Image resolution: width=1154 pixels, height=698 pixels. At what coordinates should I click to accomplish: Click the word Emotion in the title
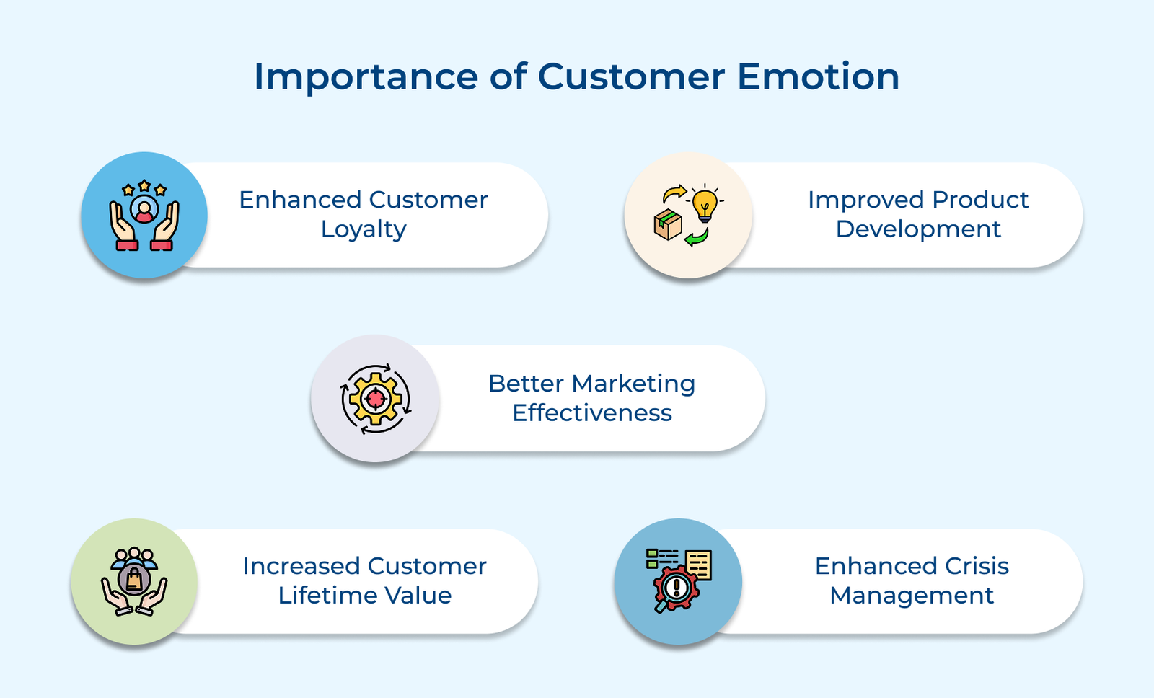(x=818, y=76)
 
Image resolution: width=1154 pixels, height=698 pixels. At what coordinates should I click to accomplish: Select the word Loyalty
(x=364, y=229)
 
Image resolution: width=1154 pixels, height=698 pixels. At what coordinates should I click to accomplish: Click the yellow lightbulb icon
(x=705, y=204)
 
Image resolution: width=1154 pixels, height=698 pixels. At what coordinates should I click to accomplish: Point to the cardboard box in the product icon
(x=668, y=224)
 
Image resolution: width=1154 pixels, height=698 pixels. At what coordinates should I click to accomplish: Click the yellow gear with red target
(x=375, y=398)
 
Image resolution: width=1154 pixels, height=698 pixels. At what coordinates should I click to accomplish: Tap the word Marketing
(x=633, y=384)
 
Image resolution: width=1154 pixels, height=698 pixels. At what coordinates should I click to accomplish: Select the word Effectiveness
(x=591, y=413)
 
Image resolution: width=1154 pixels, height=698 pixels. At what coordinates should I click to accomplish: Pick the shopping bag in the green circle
(x=134, y=580)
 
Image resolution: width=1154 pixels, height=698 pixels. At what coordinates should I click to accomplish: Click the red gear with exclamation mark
(x=676, y=588)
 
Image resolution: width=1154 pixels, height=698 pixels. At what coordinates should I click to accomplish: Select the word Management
(x=911, y=596)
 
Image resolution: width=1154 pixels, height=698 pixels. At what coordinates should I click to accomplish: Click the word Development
(x=917, y=229)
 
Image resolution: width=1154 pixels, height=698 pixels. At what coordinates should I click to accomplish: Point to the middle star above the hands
(x=144, y=186)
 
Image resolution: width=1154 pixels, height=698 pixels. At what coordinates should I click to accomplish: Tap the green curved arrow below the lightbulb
(x=697, y=237)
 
